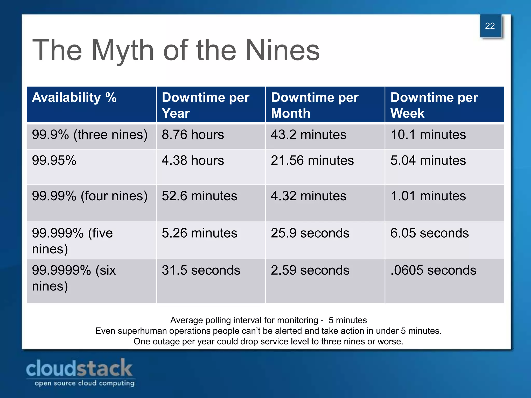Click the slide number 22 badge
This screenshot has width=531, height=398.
click(x=490, y=26)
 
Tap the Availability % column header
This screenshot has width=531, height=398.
click(x=74, y=98)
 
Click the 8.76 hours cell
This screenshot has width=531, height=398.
click(x=193, y=135)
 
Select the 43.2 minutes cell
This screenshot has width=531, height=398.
click(x=309, y=135)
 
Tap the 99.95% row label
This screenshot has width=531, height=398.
click(x=54, y=160)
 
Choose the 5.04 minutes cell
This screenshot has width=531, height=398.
click(x=428, y=160)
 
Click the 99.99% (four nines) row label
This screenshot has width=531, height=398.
click(x=89, y=196)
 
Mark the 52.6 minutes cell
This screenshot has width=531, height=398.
click(x=199, y=196)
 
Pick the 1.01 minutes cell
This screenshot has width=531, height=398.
click(x=428, y=196)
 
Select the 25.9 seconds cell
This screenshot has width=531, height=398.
click(x=310, y=233)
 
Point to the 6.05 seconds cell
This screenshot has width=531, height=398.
click(x=429, y=233)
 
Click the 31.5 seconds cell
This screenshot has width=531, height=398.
click(x=201, y=270)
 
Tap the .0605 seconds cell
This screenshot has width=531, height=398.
click(x=433, y=270)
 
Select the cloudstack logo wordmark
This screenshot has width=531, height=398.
click(x=79, y=368)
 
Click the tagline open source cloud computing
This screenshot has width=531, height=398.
click(x=85, y=383)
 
